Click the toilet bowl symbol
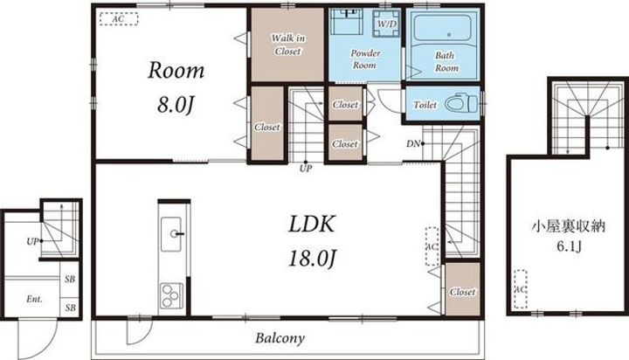click(x=461, y=103)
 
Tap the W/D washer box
click(x=386, y=24)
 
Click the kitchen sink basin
click(x=171, y=234)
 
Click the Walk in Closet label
click(x=287, y=45)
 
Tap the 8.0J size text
click(x=176, y=105)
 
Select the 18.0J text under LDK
click(x=312, y=258)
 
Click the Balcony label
click(x=280, y=338)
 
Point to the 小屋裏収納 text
click(x=569, y=227)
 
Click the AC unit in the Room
click(x=119, y=19)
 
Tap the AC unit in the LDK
click(x=432, y=246)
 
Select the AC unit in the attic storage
click(x=521, y=289)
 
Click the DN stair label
click(x=412, y=143)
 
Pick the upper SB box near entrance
click(x=70, y=279)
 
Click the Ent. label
click(x=34, y=299)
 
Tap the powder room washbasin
click(x=348, y=21)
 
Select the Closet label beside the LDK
click(x=462, y=292)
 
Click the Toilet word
click(x=425, y=105)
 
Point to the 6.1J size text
click(x=569, y=246)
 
